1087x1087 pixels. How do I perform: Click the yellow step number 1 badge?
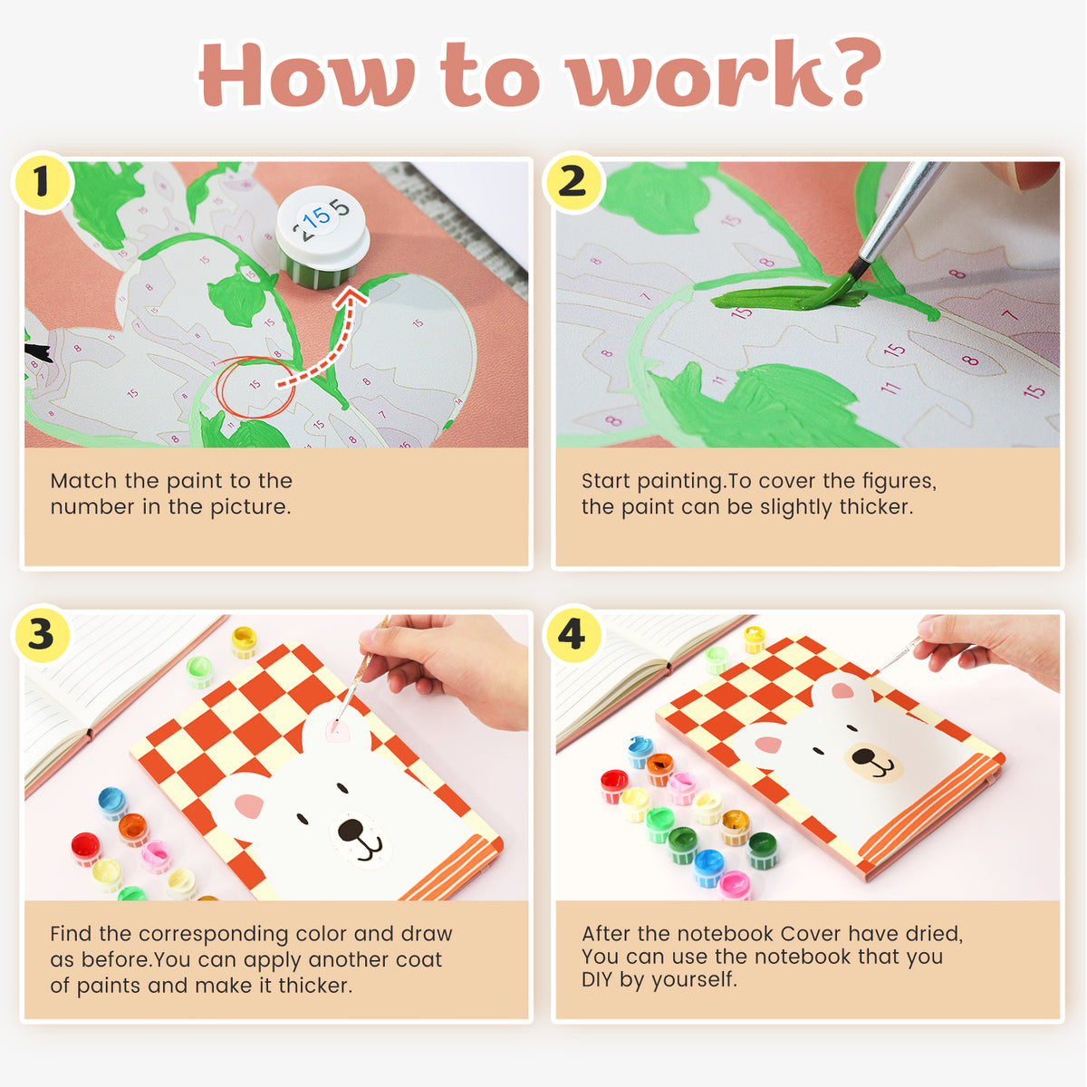tap(43, 182)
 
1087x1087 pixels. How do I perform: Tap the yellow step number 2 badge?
tap(573, 182)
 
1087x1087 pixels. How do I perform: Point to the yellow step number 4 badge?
tap(573, 635)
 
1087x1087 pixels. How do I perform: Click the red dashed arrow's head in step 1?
tap(351, 298)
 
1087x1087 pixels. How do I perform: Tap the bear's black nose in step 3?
tap(351, 829)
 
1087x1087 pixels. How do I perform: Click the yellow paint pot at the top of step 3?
tap(244, 641)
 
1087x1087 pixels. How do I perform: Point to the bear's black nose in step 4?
tap(863, 755)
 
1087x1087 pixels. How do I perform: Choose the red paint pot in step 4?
tap(614, 785)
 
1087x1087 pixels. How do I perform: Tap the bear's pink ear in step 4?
tap(769, 744)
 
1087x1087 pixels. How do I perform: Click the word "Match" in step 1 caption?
tap(83, 481)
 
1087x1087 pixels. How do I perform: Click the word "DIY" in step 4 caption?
tap(597, 979)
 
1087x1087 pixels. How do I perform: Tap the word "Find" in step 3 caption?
tap(71, 934)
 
